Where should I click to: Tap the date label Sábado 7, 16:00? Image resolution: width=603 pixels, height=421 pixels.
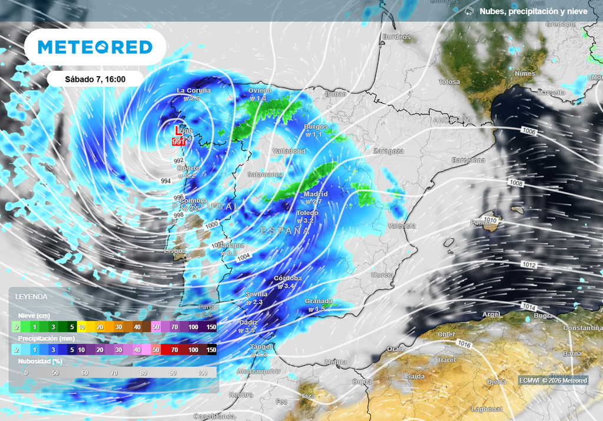tap(95, 79)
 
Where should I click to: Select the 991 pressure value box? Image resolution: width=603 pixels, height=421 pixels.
tap(178, 142)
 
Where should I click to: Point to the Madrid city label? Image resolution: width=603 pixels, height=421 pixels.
tap(316, 194)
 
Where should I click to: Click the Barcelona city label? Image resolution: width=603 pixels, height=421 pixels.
tap(468, 160)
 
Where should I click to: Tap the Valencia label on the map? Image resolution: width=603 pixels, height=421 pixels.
tap(402, 226)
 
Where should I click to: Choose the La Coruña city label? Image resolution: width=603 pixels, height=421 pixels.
tap(193, 91)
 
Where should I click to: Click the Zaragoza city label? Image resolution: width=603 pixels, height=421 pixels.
tap(388, 152)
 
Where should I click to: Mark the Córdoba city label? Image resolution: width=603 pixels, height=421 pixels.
tap(288, 278)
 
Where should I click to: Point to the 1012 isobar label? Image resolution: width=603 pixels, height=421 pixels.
tap(528, 265)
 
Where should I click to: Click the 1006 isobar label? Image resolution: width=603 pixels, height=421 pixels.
tap(528, 132)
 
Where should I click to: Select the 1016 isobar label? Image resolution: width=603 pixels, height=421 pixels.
tap(465, 344)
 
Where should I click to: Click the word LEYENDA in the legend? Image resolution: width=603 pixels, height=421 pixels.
tap(31, 297)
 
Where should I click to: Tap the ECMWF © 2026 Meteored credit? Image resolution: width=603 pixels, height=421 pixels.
tap(552, 380)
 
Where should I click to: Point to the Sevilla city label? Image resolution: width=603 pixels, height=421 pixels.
tap(257, 294)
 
